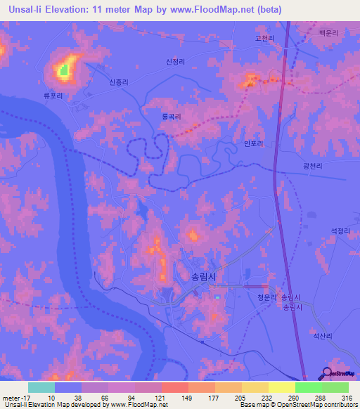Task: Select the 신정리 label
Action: pyautogui.click(x=175, y=62)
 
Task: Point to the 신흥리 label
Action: pyautogui.click(x=119, y=82)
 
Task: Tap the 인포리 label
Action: pyautogui.click(x=252, y=143)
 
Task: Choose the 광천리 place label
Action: pyautogui.click(x=312, y=166)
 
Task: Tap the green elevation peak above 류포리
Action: pyautogui.click(x=63, y=70)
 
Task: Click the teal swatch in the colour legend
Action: pyautogui.click(x=41, y=387)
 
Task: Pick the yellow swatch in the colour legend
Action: pyautogui.click(x=281, y=387)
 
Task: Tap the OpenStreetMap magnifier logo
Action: pyautogui.click(x=328, y=374)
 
